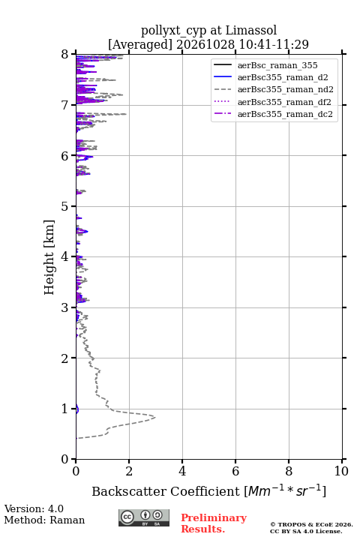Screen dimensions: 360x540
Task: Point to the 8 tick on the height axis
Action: coord(64,55)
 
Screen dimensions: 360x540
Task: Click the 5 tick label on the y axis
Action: coord(64,207)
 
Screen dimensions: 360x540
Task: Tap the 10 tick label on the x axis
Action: coord(341,471)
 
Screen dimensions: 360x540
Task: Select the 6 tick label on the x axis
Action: coord(235,471)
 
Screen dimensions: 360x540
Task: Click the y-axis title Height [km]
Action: coord(49,257)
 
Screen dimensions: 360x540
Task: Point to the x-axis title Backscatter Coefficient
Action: coord(166,491)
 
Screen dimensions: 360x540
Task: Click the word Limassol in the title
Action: coord(251,30)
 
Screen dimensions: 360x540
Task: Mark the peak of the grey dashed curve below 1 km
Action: coord(155,418)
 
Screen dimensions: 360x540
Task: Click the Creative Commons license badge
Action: coord(144,518)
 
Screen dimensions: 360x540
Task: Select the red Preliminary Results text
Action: coord(214,523)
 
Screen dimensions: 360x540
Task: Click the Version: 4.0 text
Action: coord(34,509)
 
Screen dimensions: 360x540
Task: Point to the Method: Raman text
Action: coord(44,520)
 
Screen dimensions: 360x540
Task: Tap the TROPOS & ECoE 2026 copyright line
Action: coord(312,524)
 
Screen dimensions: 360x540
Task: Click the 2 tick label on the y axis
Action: coord(64,358)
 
